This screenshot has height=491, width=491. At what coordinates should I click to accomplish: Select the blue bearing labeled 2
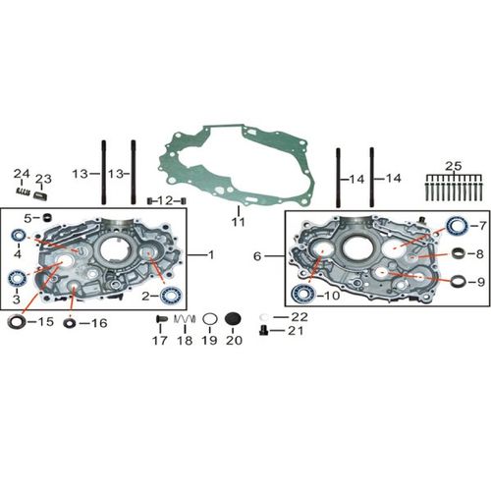[x=170, y=296]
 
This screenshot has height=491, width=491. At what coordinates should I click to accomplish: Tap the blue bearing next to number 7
[x=458, y=226]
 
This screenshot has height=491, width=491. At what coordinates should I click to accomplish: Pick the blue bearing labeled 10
[x=302, y=295]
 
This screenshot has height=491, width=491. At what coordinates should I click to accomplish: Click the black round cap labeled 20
[x=233, y=319]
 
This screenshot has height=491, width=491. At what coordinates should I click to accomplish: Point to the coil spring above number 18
[x=185, y=318]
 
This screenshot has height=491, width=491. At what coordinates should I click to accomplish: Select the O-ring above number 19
[x=210, y=319]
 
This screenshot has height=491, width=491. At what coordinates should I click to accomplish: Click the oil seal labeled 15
[x=17, y=322]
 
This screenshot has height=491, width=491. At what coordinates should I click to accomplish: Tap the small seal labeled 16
[x=70, y=323]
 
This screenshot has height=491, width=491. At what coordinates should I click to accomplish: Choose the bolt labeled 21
[x=263, y=331]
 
